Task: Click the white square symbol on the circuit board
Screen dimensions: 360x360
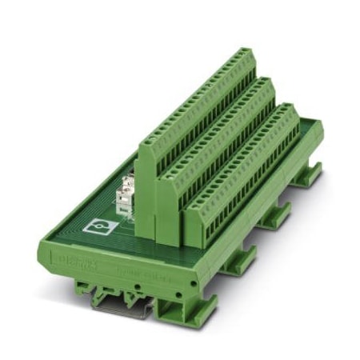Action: pos(100,226)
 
